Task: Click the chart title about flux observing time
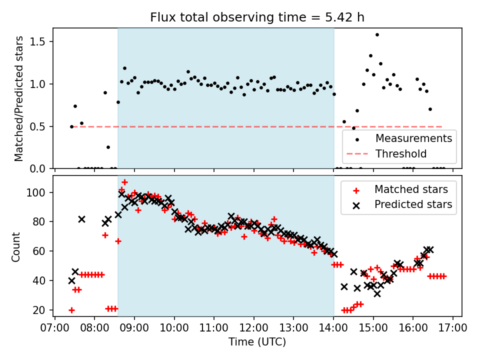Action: [257, 17]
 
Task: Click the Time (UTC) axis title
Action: [257, 342]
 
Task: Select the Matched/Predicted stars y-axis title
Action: [18, 98]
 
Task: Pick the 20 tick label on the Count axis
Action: [41, 310]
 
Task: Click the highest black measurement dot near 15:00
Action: [377, 35]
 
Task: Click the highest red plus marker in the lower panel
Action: [124, 182]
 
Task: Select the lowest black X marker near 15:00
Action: [377, 293]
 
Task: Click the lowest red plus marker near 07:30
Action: [71, 310]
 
